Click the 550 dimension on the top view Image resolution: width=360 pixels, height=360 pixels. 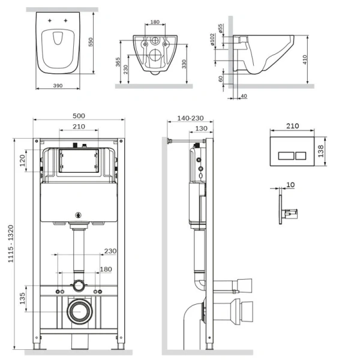(x=91, y=42)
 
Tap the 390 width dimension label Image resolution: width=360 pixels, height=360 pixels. (x=58, y=86)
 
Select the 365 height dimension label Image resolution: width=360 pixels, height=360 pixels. (x=118, y=62)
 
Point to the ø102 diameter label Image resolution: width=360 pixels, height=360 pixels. (x=212, y=39)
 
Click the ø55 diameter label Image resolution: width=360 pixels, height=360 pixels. (x=220, y=29)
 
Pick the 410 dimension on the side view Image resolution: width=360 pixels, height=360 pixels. (x=305, y=59)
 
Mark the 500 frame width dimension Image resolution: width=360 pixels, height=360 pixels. (x=79, y=116)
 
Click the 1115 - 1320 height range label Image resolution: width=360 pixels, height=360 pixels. (x=11, y=244)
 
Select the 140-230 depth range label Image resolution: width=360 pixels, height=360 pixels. (x=190, y=118)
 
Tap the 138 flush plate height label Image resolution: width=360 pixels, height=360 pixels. (x=321, y=151)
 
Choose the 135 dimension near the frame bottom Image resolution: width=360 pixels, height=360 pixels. (x=22, y=298)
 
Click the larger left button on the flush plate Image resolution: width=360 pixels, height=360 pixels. (x=286, y=155)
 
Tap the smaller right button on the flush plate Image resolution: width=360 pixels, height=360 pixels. (x=301, y=155)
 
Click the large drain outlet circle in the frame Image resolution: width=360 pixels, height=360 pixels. (x=80, y=311)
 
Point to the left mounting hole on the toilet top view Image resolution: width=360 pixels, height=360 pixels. (x=50, y=20)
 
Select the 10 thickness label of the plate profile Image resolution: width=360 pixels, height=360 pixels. (x=290, y=185)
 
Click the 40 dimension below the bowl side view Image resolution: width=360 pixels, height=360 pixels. (x=244, y=96)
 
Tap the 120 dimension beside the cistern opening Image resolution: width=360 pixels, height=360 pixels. (x=22, y=160)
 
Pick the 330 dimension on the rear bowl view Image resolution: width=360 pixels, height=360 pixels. (x=184, y=64)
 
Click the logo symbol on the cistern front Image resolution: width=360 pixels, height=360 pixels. (x=79, y=215)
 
